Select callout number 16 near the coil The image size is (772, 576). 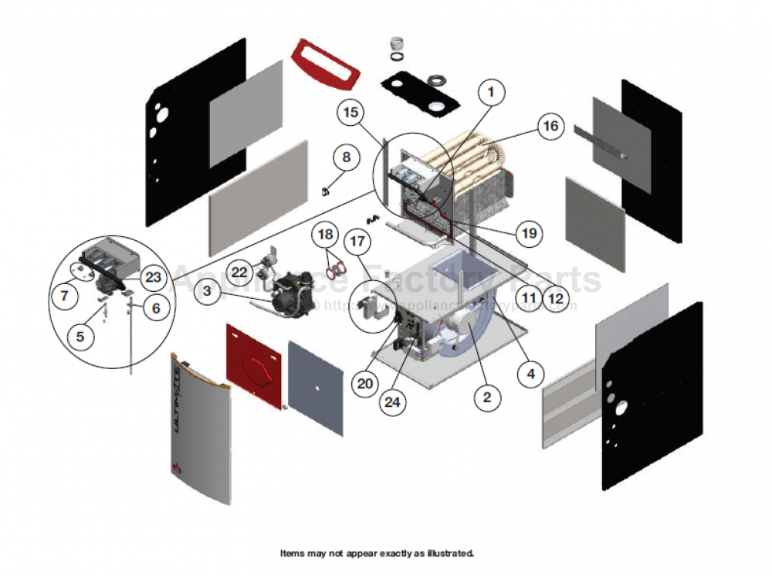[550, 127]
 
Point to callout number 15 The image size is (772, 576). [351, 114]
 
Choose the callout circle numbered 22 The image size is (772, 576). [240, 272]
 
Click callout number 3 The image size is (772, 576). [208, 291]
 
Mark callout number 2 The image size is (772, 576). [486, 398]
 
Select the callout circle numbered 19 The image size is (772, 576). [528, 232]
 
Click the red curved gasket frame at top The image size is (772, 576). [325, 64]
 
